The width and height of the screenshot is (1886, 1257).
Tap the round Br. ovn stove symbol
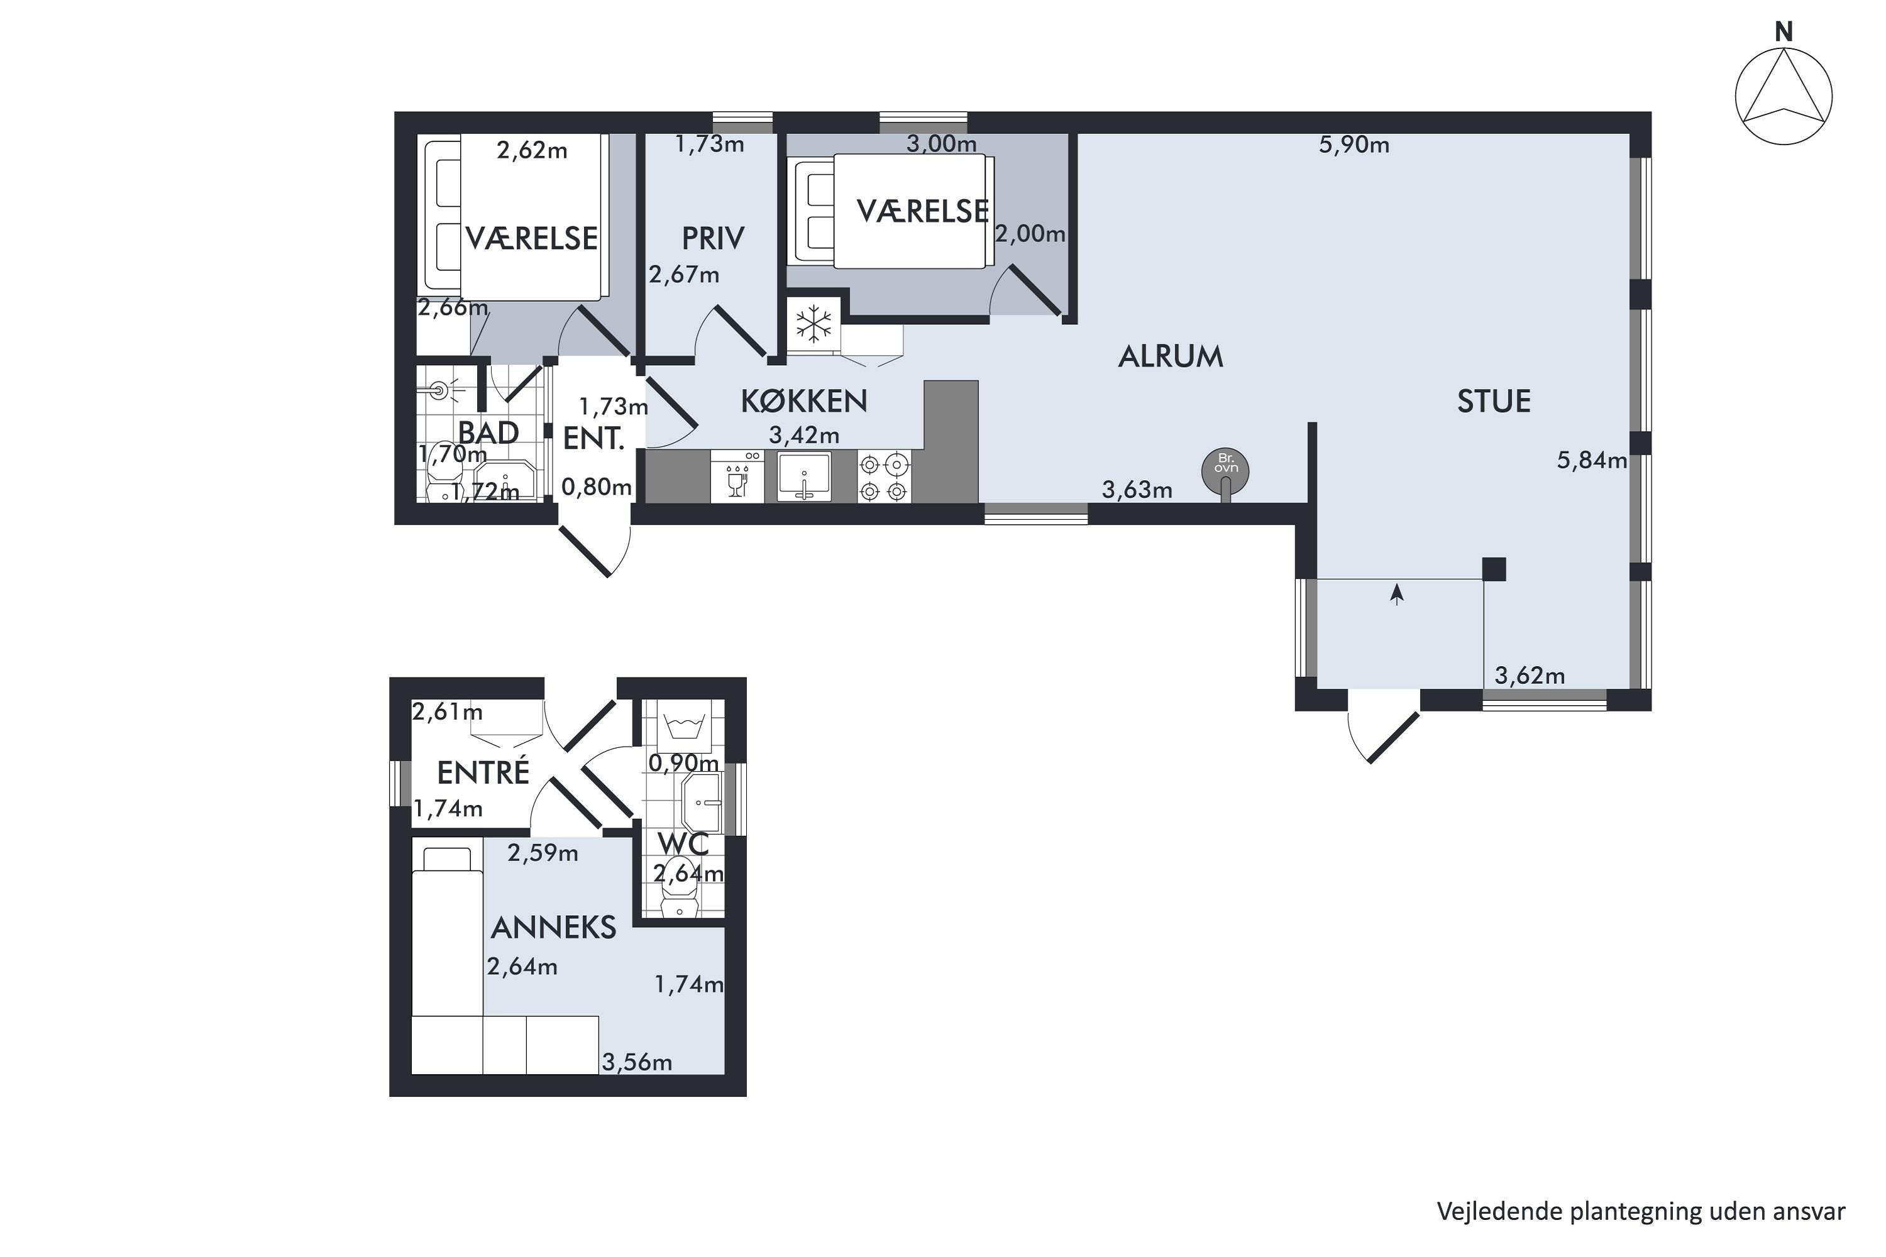click(1225, 471)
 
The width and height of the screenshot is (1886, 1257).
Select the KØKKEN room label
click(803, 401)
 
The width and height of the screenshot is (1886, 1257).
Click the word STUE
click(1493, 401)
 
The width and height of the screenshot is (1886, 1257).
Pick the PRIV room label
click(713, 238)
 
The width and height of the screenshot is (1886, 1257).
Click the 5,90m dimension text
click(1354, 145)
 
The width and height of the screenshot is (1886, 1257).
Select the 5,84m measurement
click(1592, 460)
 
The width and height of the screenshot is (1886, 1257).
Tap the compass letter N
click(1784, 32)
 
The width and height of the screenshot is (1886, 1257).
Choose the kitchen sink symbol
click(804, 476)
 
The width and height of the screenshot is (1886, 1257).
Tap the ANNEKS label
click(553, 928)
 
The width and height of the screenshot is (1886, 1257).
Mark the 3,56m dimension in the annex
click(637, 1062)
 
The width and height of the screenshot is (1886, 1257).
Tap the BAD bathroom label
click(488, 433)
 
